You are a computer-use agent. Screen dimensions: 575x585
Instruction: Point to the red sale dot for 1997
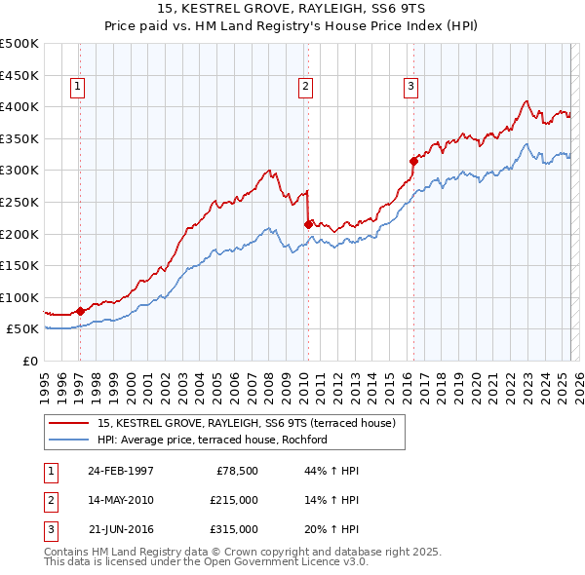pos(81,311)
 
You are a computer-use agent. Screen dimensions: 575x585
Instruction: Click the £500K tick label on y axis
pos(19,44)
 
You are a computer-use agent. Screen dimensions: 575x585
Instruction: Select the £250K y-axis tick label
pos(19,202)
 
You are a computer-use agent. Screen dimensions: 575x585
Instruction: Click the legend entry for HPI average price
pos(212,440)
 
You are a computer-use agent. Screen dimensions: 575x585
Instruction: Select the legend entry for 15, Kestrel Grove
pos(246,423)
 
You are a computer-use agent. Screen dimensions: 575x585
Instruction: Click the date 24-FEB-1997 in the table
pos(120,471)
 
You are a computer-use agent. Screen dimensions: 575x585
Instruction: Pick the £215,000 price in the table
pos(233,500)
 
